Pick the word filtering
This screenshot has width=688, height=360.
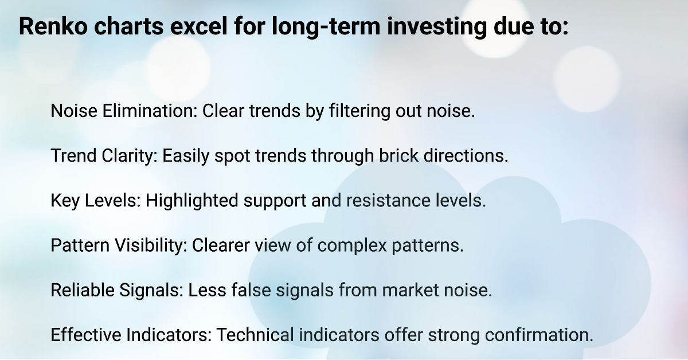tap(355, 111)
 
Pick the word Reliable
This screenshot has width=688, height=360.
tap(84, 290)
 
